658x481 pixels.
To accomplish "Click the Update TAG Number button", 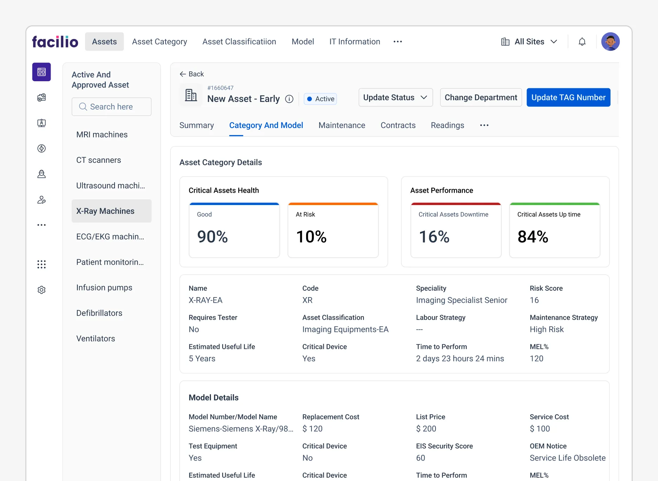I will pos(568,97).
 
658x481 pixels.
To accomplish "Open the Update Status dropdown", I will pos(395,97).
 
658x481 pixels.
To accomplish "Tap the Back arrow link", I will pos(192,74).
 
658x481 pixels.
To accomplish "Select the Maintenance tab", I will pos(342,126).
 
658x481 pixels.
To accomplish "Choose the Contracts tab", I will pos(398,126).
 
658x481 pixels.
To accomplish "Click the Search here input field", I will pos(111,107).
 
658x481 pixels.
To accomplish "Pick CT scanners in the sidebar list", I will pos(98,160).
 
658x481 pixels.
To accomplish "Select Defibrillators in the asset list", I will pos(99,313).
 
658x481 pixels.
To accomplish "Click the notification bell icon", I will pos(582,42).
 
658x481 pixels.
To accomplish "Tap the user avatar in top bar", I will pos(610,42).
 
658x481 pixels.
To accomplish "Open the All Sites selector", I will pos(529,42).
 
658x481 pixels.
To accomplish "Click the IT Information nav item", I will pos(354,42).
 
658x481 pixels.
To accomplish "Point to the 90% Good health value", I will pos(212,237).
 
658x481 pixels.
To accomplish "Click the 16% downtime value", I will pos(434,237).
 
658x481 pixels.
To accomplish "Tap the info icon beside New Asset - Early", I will pos(289,99).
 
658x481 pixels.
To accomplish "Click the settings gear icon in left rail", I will pos(41,290).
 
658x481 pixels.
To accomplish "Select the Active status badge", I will pos(320,99).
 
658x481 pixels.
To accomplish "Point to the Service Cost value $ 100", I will pos(540,429).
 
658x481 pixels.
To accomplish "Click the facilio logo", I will pos(55,42).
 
